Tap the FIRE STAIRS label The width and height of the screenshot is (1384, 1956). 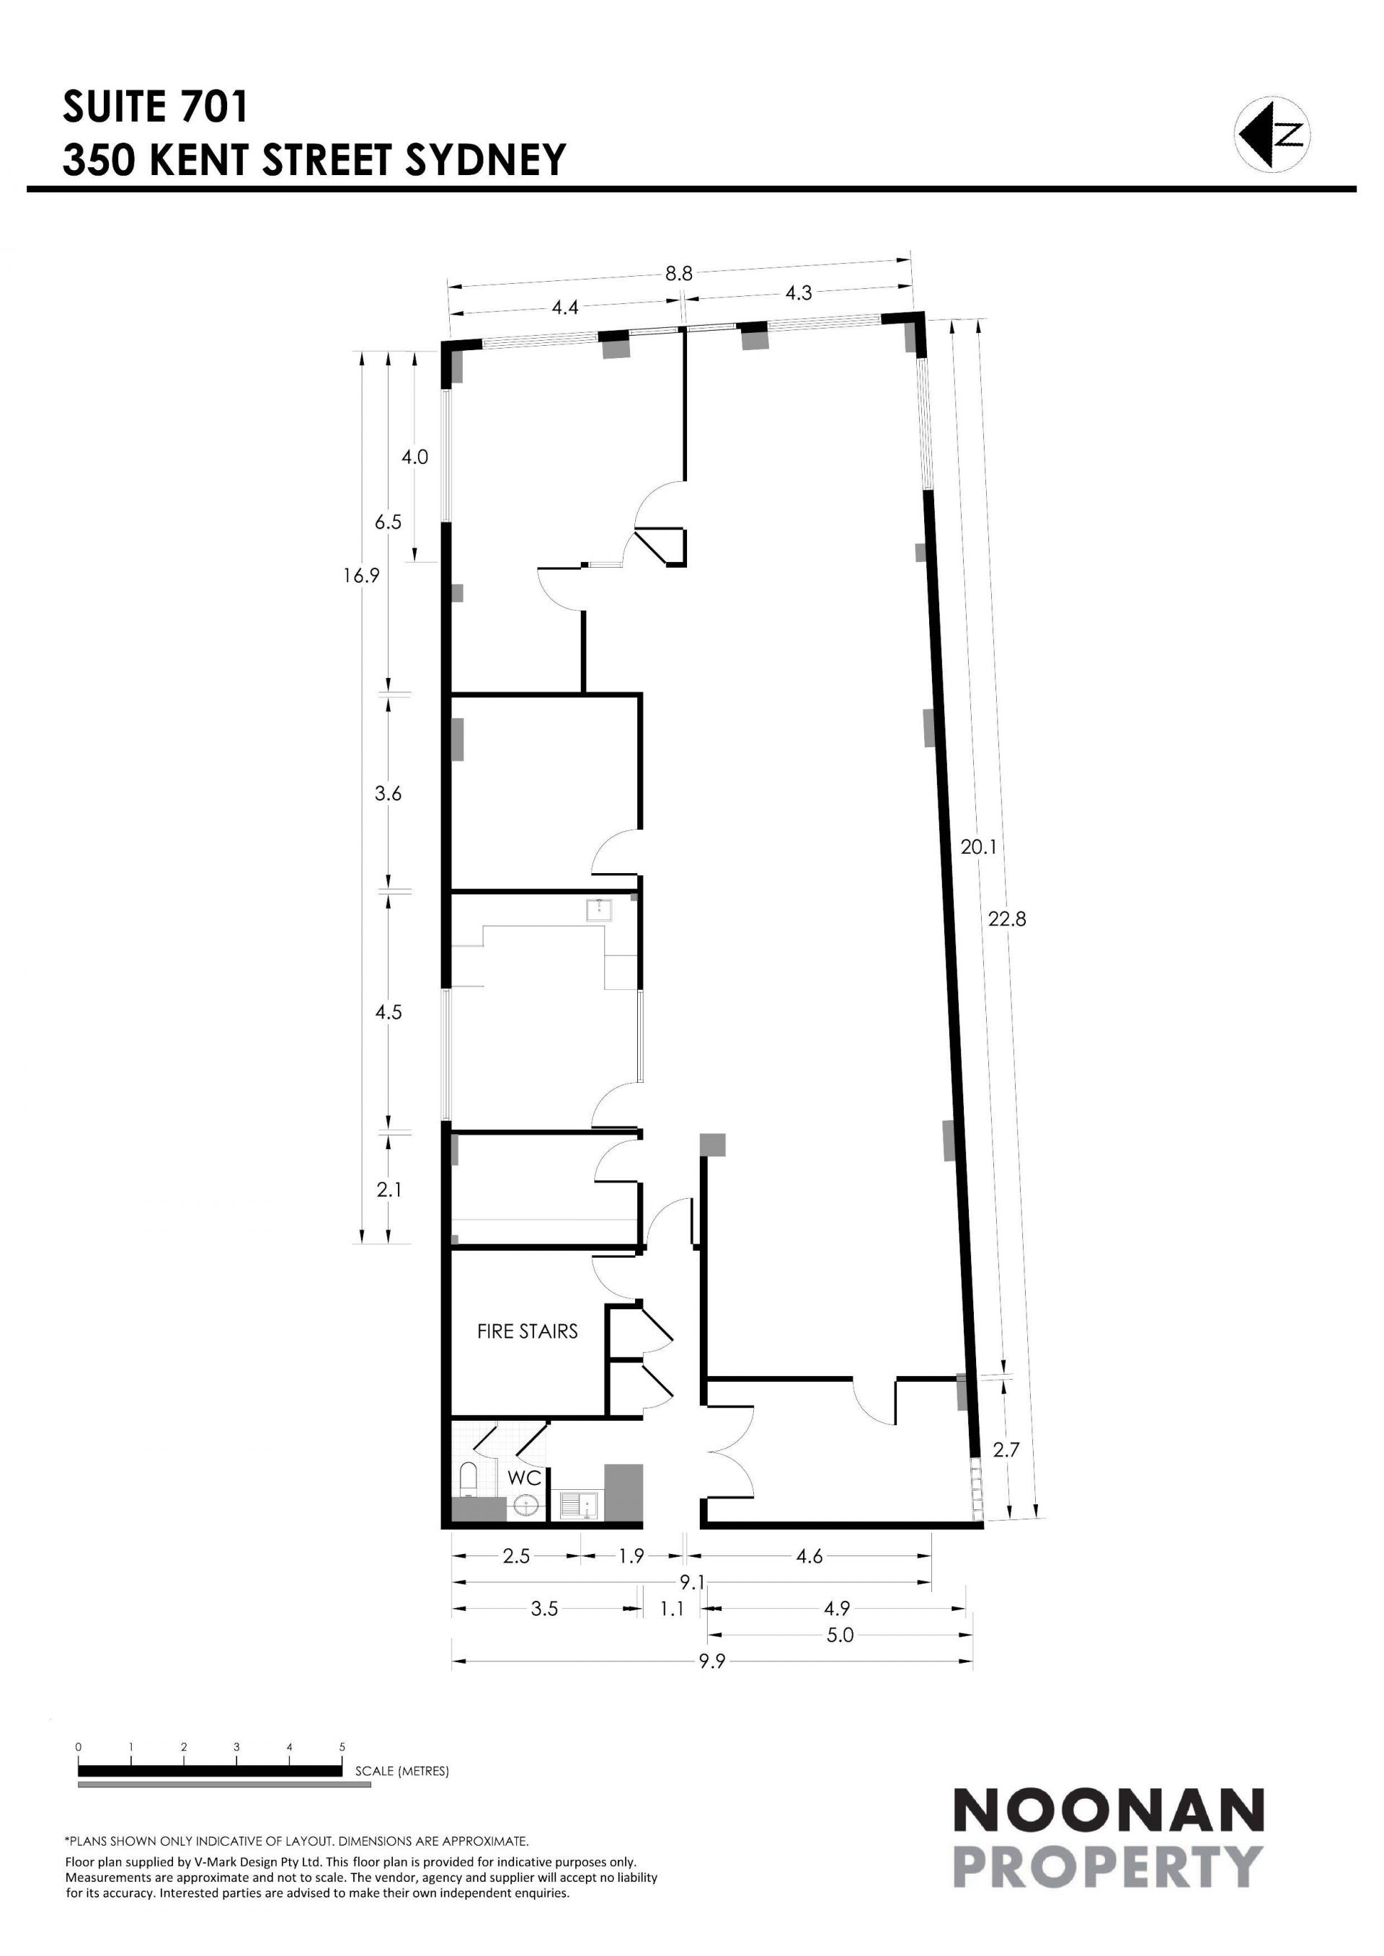pos(528,1331)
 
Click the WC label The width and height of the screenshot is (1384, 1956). pos(525,1478)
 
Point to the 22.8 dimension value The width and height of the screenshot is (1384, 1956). pos(1007,919)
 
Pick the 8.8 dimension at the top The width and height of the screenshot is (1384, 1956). pos(679,274)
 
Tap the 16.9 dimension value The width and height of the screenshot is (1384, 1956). pos(361,575)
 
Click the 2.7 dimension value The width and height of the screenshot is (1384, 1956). pos(1006,1450)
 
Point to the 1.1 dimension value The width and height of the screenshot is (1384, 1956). pos(673,1609)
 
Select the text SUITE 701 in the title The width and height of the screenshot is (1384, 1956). pos(155,107)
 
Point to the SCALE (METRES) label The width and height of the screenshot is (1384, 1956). pos(402,1771)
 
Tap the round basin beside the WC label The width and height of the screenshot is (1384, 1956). pos(528,1506)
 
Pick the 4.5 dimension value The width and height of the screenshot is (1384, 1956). pos(389,1012)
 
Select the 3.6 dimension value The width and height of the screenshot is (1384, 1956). pos(389,793)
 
